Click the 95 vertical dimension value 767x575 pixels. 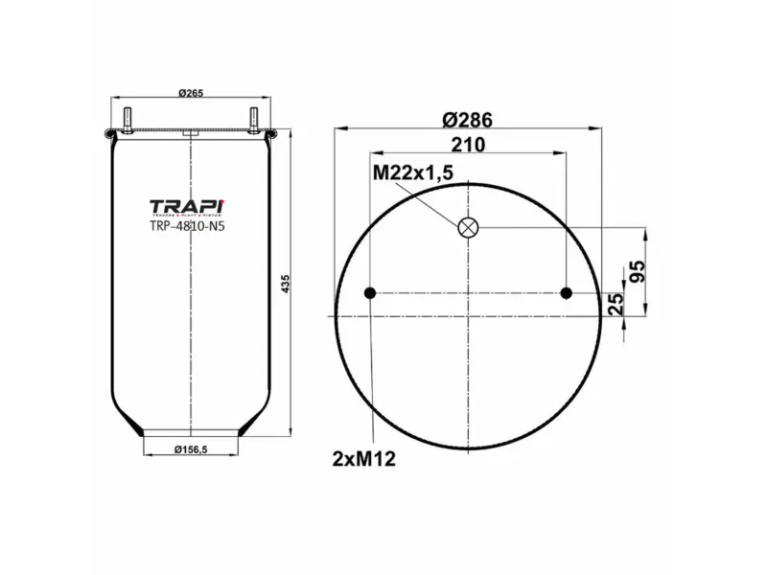coord(637,270)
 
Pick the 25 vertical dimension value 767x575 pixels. coord(617,304)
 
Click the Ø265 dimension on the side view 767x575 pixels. coord(192,93)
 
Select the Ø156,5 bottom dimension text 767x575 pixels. coord(192,449)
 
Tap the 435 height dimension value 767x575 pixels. coord(285,284)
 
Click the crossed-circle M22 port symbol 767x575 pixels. coord(468,227)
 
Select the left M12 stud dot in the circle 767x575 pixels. coord(370,293)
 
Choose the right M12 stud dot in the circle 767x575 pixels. coord(566,293)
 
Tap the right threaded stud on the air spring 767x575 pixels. coord(255,121)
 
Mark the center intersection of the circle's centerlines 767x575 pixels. coord(468,293)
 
